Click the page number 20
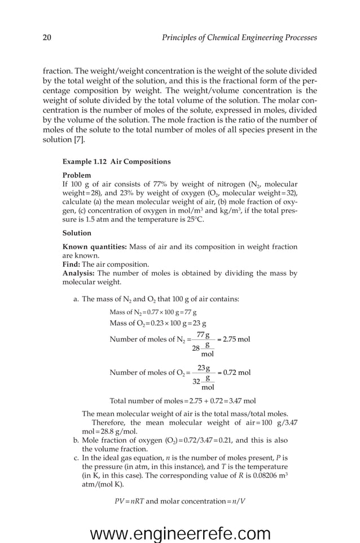pyautogui.click(x=47, y=38)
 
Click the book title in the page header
pyautogui.click(x=239, y=38)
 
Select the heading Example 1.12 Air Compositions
pyautogui.click(x=116, y=162)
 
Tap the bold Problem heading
pyautogui.click(x=76, y=175)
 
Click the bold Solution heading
pyautogui.click(x=77, y=232)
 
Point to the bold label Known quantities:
pyautogui.click(x=95, y=246)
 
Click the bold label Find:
pyautogui.click(x=71, y=264)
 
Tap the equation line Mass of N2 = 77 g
pyautogui.click(x=153, y=312)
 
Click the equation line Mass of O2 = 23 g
pyautogui.click(x=157, y=323)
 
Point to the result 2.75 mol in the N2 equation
pyautogui.click(x=236, y=339)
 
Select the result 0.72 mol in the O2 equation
pyautogui.click(x=236, y=373)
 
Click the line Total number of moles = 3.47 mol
pyautogui.click(x=182, y=401)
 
